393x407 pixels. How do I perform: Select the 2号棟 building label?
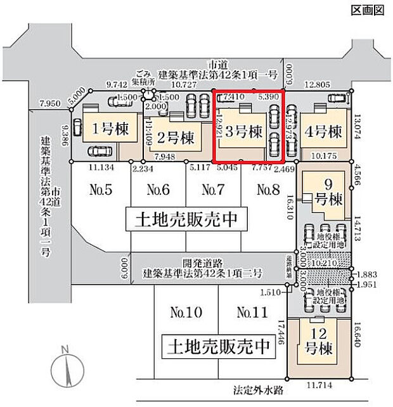[174, 137]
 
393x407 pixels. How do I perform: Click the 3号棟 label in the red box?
[243, 132]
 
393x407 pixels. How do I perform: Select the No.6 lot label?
[158, 189]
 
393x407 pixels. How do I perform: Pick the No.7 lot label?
[213, 189]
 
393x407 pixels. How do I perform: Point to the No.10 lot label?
[185, 312]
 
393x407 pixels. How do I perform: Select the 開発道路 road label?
[203, 261]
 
